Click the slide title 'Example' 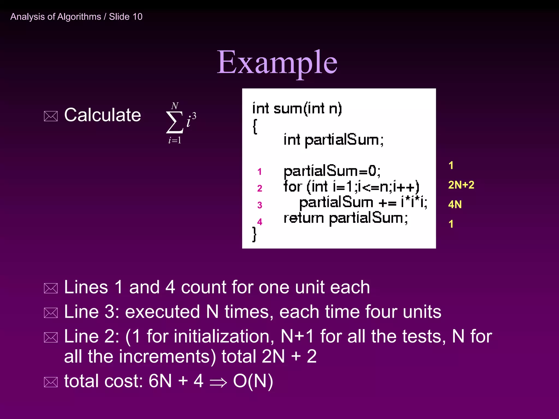click(277, 62)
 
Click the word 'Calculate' click(102, 115)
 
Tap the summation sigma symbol click(174, 122)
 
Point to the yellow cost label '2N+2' click(461, 185)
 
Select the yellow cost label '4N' click(455, 205)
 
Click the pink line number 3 click(260, 205)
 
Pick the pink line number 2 click(260, 188)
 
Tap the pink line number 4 click(260, 222)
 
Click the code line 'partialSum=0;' click(332, 171)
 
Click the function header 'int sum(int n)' click(297, 109)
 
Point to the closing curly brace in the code click(254, 234)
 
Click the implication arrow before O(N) click(218, 382)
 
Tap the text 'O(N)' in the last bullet click(253, 381)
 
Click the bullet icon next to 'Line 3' click(51, 313)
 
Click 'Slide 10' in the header click(126, 17)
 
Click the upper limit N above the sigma click(175, 106)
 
